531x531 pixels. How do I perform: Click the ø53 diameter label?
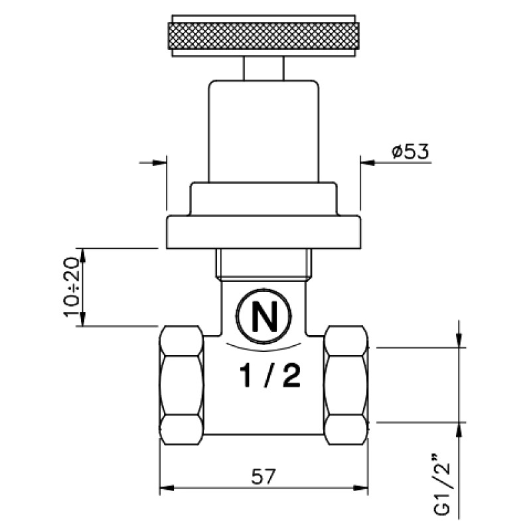coord(410,151)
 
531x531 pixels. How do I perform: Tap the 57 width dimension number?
coord(264,477)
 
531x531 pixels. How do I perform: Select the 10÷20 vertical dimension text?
coord(71,287)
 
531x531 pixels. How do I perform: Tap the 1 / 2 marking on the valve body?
coord(270,376)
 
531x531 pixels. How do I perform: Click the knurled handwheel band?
coord(264,36)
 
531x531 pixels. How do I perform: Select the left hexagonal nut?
coord(181,385)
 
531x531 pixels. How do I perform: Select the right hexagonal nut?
coord(346,385)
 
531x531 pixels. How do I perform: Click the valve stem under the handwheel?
coord(264,68)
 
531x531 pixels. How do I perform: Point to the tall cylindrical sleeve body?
coord(264,131)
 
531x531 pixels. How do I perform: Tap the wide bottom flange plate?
coord(264,232)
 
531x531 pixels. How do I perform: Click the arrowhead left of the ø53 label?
coord(368,163)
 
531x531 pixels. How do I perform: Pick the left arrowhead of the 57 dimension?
coord(167,488)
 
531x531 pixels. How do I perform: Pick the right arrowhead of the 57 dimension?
coord(360,488)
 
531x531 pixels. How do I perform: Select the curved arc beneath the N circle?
coord(264,348)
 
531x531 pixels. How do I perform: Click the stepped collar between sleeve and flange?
coord(264,199)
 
